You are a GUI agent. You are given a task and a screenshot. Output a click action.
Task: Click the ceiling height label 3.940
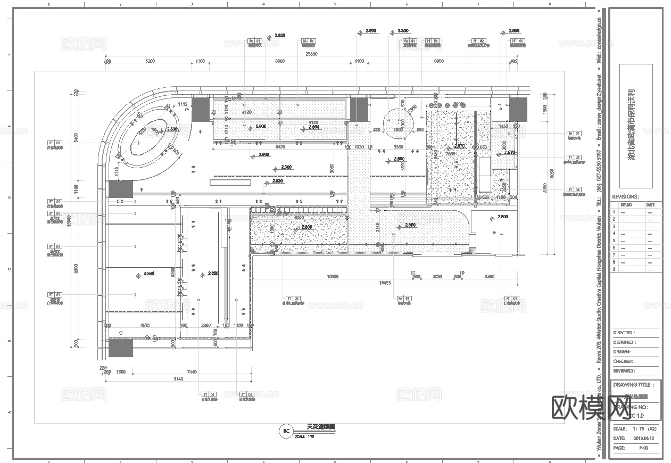pyautogui.click(x=149, y=273)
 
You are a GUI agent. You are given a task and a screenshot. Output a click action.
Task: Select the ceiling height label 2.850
pyautogui.click(x=213, y=274)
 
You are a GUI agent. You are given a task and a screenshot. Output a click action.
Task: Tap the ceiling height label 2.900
pyautogui.click(x=264, y=155)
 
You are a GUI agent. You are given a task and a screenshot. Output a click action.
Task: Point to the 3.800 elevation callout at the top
pyautogui.click(x=403, y=31)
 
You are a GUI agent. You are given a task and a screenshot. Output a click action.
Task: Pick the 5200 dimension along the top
pyautogui.click(x=150, y=62)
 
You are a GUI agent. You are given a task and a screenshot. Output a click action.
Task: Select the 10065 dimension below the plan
pyautogui.click(x=333, y=276)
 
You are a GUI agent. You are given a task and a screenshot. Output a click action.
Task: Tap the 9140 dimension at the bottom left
pyautogui.click(x=179, y=379)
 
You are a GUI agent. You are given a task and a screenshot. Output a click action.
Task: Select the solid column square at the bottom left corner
pyautogui.click(x=121, y=348)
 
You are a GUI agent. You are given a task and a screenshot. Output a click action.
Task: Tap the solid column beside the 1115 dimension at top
pyautogui.click(x=201, y=109)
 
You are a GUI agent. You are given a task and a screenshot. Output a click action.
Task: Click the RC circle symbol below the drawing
pyautogui.click(x=286, y=432)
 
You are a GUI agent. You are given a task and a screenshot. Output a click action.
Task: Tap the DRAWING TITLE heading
pyautogui.click(x=632, y=385)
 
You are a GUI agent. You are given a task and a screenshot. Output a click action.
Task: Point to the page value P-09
pyautogui.click(x=643, y=448)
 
